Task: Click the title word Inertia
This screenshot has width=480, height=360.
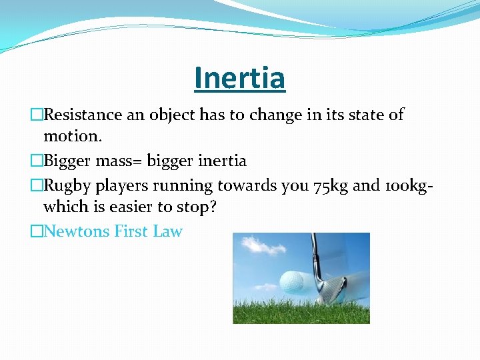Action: pyautogui.click(x=239, y=78)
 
